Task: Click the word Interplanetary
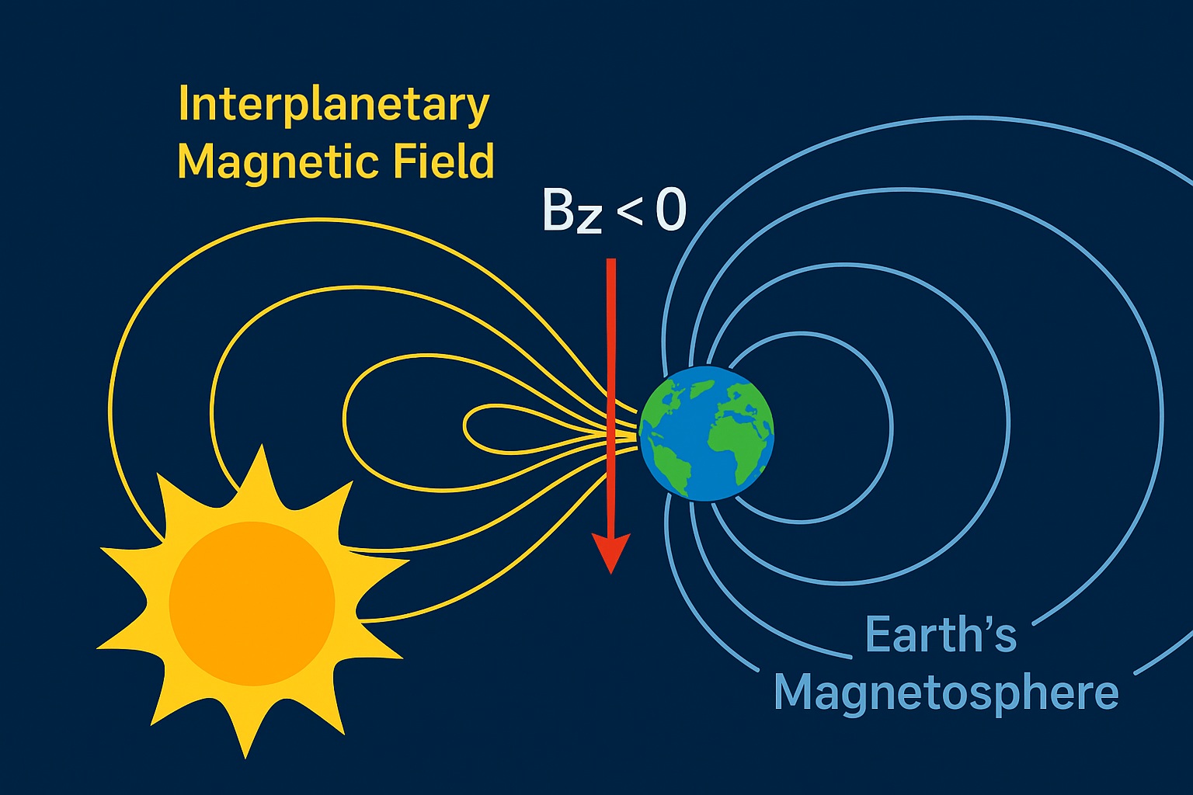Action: pyautogui.click(x=334, y=106)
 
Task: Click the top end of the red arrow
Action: pyautogui.click(x=611, y=261)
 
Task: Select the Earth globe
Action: pyautogui.click(x=707, y=433)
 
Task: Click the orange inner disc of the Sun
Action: pyautogui.click(x=252, y=604)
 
